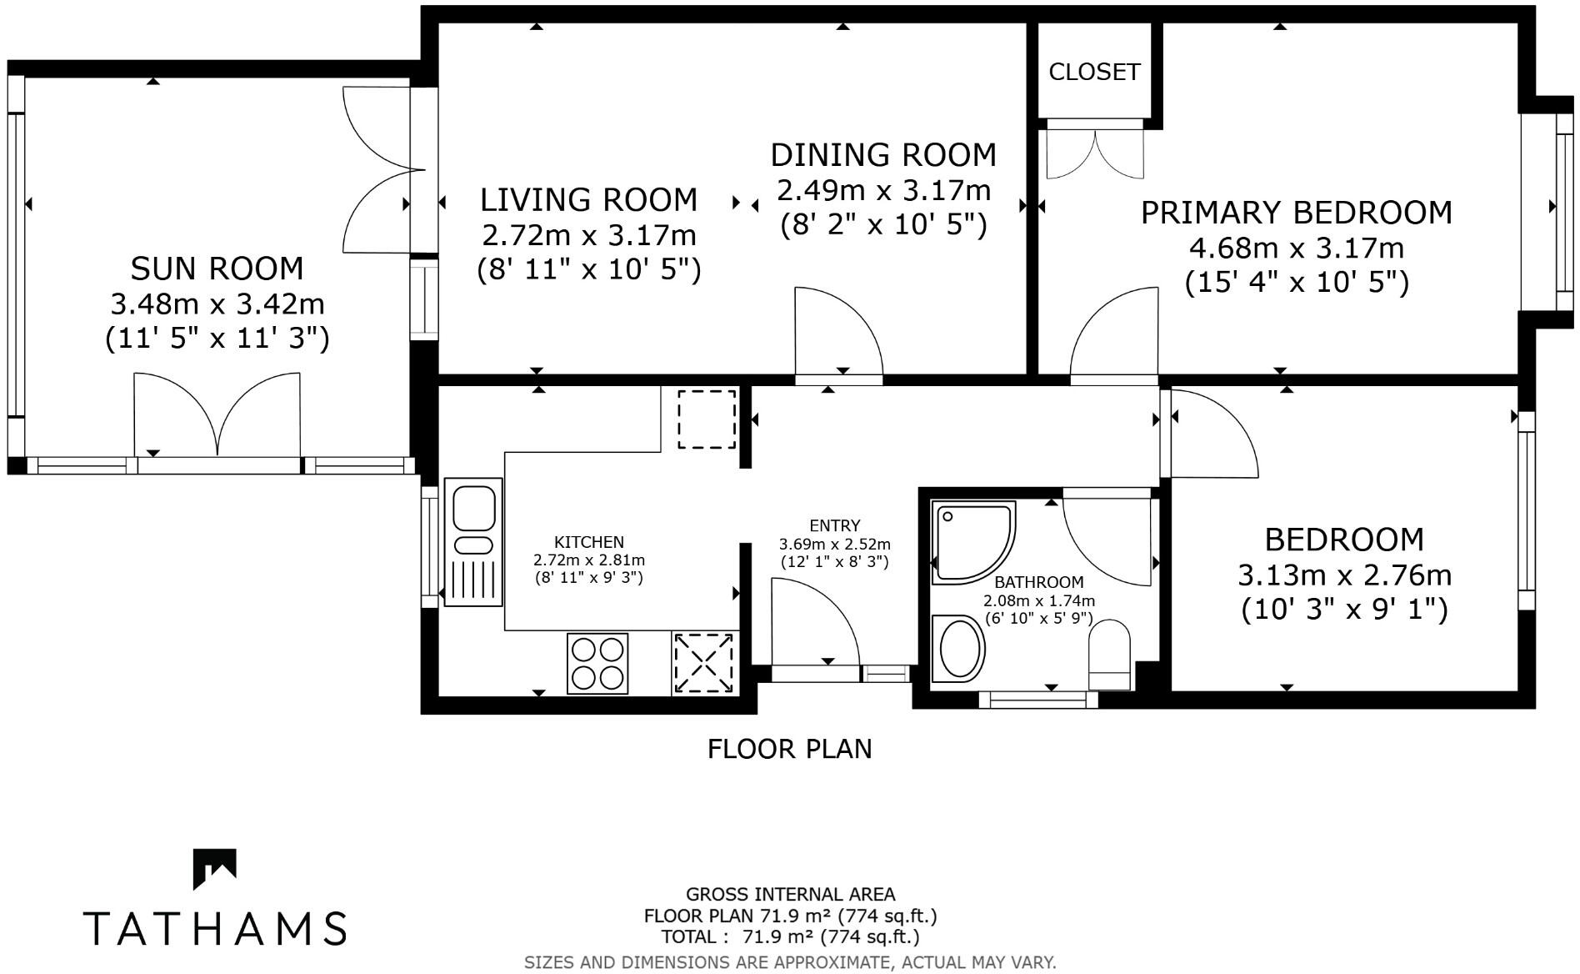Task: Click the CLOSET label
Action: [x=1093, y=73]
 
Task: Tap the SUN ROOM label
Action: [x=217, y=269]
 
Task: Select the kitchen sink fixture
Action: [x=473, y=541]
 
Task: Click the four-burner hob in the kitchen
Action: [x=597, y=663]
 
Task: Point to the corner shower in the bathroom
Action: [x=972, y=540]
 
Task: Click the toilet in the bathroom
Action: [x=1109, y=655]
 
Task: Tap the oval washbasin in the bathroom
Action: [x=960, y=648]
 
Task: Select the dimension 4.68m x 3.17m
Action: [x=1296, y=248]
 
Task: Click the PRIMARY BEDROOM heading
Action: [x=1296, y=213]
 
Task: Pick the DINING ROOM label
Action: [x=883, y=155]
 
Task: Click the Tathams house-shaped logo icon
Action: [x=215, y=868]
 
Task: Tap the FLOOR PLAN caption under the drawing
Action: [x=789, y=749]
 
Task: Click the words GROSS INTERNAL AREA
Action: [x=790, y=895]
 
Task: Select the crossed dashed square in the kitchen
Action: [x=704, y=663]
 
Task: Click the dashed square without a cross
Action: [x=707, y=419]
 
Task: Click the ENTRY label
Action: [x=834, y=526]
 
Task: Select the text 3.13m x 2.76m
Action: [x=1344, y=575]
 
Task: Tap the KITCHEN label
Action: [x=589, y=542]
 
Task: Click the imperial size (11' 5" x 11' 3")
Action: [x=217, y=339]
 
